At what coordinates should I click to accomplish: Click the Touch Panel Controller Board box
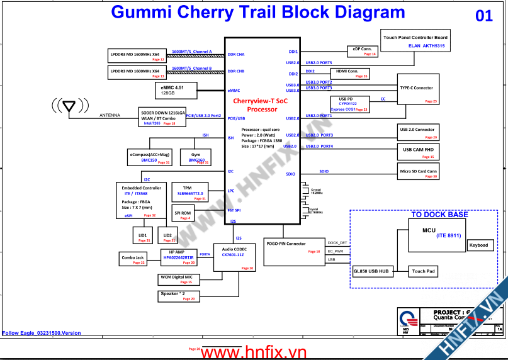click(x=415, y=40)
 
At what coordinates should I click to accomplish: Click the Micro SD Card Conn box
click(x=418, y=171)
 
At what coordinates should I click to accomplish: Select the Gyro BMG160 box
click(x=195, y=157)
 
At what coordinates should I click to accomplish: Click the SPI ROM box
click(x=183, y=213)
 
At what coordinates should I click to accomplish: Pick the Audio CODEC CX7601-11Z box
click(x=234, y=257)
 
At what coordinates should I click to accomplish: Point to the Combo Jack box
click(x=133, y=259)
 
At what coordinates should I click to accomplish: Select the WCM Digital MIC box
click(x=179, y=279)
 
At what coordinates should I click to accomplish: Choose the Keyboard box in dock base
click(x=480, y=245)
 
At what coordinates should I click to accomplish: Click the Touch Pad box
click(x=424, y=271)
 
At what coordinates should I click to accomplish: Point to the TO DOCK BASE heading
click(x=439, y=215)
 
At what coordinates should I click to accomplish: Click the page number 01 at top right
click(x=483, y=16)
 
